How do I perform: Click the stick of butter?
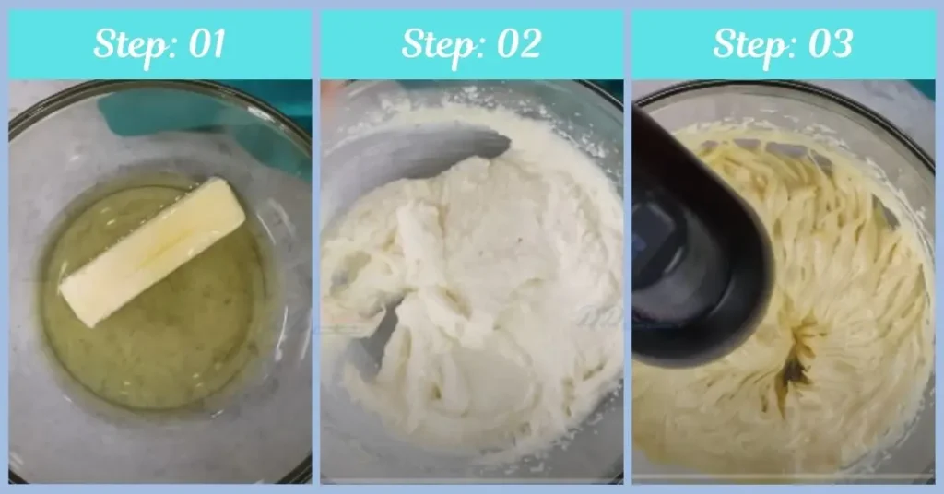pyautogui.click(x=152, y=251)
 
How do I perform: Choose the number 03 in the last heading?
pyautogui.click(x=826, y=44)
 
